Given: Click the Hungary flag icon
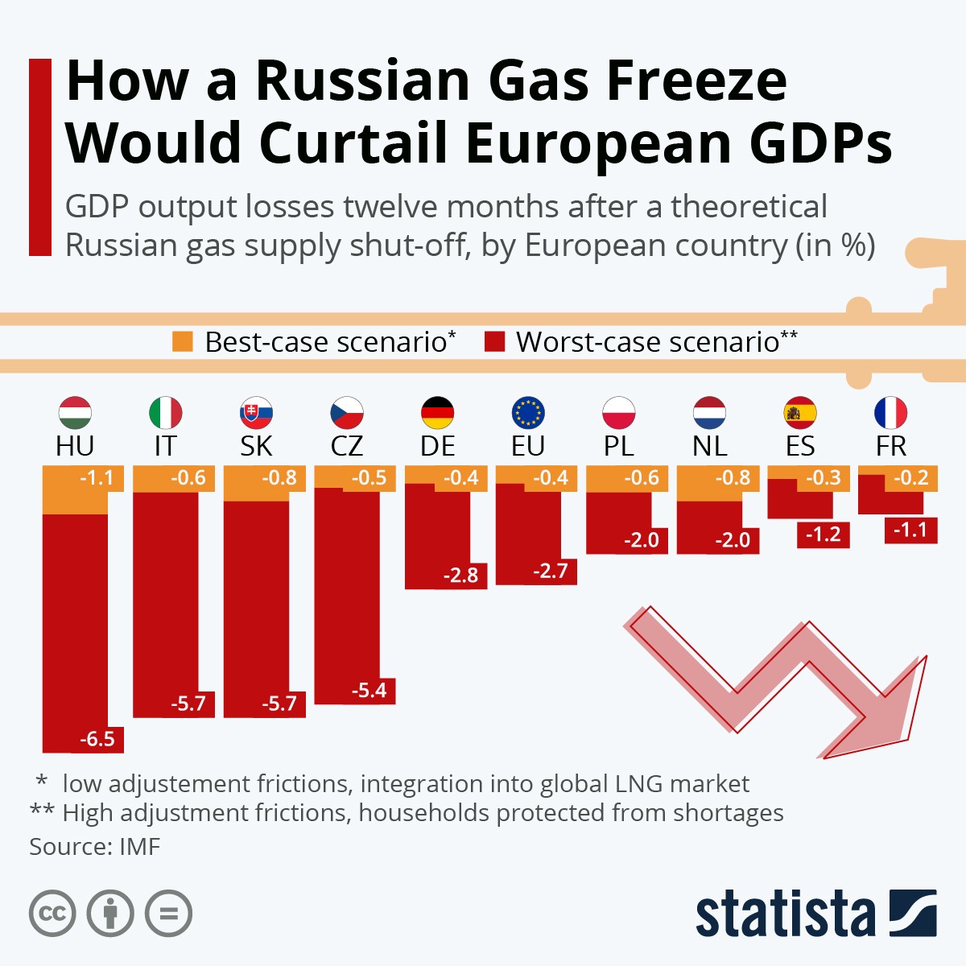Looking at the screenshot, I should pos(75,413).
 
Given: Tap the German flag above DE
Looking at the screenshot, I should pos(438,413).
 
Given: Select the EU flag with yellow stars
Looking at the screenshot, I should pos(528,413).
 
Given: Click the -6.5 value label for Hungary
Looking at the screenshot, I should pos(97,738).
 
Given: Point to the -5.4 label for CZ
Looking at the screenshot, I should pos(369,690).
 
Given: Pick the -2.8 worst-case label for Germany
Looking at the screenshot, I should pos(460,575).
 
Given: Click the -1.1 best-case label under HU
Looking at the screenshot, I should pos(97,477).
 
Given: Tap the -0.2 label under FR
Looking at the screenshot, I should pos(911,477).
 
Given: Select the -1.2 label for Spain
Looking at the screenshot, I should pos(823,534).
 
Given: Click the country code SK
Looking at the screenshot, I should pos(256,446).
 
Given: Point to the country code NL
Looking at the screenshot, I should pos(709,446).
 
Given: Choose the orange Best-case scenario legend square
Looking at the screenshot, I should pos(183,342).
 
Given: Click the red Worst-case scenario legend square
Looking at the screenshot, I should pos(494,342).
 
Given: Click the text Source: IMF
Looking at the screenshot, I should pos(95,847).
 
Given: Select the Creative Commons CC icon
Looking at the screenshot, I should pos(52,914).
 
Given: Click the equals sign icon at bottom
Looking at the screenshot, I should pos(168,914).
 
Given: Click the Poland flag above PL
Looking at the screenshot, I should pos(619,413).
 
